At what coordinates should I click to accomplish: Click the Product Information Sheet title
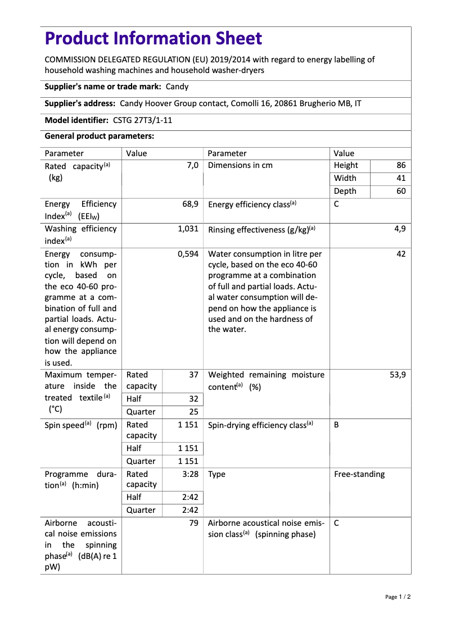[153, 39]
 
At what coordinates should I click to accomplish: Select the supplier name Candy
[177, 87]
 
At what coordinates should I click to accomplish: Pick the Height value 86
[400, 165]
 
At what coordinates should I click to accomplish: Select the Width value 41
[400, 178]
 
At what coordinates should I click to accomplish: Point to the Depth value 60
[400, 191]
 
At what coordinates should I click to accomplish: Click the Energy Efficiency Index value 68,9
[190, 204]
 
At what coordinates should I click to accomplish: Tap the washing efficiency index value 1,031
[188, 229]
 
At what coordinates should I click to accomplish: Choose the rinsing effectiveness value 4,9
[399, 229]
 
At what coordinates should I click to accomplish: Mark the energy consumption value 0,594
[188, 254]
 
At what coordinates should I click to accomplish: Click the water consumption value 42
[400, 254]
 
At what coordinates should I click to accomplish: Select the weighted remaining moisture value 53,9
[397, 375]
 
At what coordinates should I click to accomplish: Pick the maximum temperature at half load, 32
[193, 399]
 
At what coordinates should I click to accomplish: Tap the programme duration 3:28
[190, 474]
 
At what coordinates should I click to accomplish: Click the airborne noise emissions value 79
[193, 523]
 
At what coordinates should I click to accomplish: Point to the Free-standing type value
[359, 474]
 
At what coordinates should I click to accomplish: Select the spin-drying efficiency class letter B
[336, 425]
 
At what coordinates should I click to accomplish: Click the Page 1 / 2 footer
[398, 597]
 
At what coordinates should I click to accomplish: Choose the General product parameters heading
[99, 136]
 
